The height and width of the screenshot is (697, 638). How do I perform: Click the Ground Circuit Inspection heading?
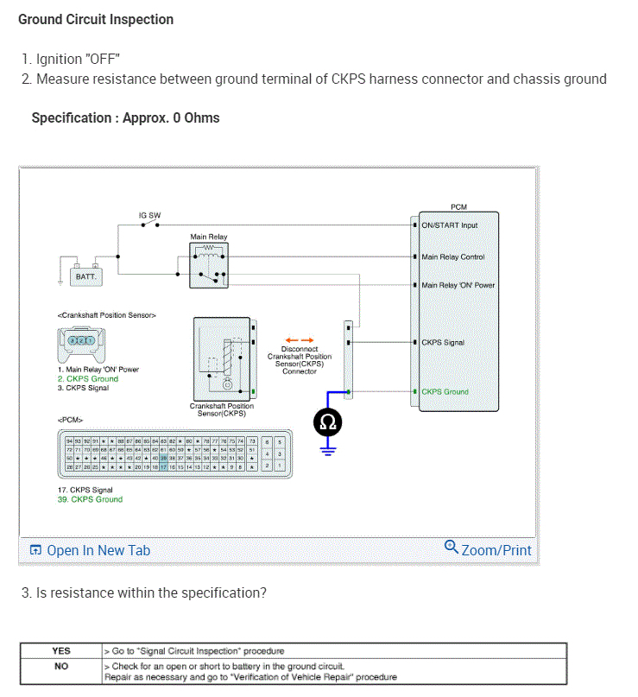point(96,19)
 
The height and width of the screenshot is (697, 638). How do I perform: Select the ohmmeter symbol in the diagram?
point(328,421)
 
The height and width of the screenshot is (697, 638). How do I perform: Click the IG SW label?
point(149,214)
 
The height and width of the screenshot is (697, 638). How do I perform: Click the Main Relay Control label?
point(452,257)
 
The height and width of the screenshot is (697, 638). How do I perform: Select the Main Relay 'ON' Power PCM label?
point(458,285)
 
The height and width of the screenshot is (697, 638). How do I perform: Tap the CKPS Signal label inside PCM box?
point(442,343)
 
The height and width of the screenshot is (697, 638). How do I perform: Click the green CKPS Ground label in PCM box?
point(445,391)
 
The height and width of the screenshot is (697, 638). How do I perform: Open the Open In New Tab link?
point(91,550)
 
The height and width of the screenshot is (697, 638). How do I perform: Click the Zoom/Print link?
point(488,549)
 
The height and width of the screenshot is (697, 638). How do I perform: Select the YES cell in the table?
point(61,650)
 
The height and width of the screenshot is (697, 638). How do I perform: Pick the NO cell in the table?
point(61,666)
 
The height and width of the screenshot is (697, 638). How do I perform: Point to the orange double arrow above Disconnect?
point(300,340)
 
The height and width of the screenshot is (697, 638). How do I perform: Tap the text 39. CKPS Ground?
point(90,499)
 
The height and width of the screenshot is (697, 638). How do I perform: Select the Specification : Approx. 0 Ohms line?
point(125,117)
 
